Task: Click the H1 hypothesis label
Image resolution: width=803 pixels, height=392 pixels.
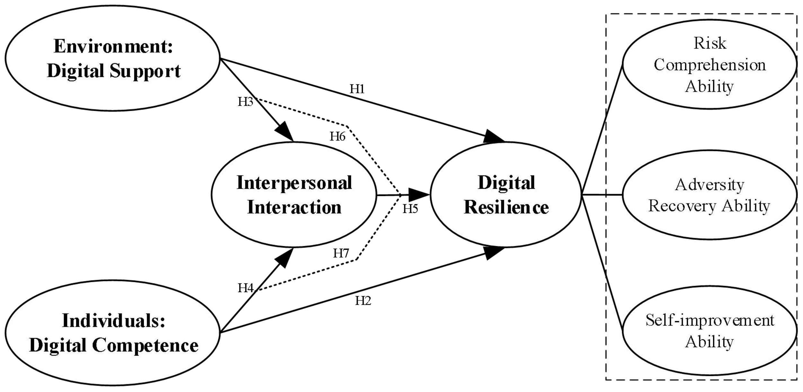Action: [x=357, y=89]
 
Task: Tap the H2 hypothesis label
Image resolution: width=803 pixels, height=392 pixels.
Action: [x=363, y=301]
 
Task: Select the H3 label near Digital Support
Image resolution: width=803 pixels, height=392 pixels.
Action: [x=245, y=102]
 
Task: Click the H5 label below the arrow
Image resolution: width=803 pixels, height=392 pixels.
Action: [x=410, y=209]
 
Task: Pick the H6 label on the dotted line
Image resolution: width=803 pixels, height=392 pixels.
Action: [x=337, y=137]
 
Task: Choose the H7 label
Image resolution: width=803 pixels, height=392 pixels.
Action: [x=341, y=253]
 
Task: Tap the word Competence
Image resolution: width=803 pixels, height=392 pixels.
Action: [x=145, y=345]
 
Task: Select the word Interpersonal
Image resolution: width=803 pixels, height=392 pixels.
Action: [x=294, y=183]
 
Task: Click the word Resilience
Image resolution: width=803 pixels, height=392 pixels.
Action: [x=506, y=208]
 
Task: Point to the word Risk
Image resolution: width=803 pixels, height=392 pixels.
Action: [x=710, y=43]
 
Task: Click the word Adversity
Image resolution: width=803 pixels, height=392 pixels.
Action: [x=710, y=185]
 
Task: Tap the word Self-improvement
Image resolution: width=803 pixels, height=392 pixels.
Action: [x=710, y=320]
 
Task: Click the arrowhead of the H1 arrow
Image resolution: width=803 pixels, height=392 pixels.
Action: [x=494, y=137]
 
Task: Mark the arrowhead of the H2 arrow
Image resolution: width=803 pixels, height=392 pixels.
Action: [x=494, y=252]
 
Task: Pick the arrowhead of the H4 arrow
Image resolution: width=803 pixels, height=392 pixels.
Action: [x=284, y=258]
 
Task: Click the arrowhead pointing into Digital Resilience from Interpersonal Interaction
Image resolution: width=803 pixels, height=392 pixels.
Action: [x=419, y=194]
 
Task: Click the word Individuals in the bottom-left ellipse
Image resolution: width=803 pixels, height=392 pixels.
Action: [x=113, y=320]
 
